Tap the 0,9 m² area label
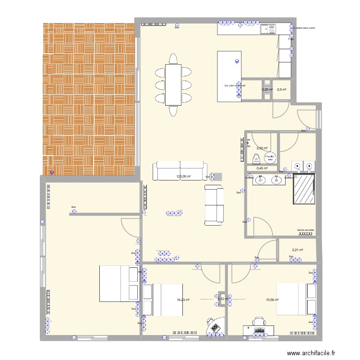coord(282,89)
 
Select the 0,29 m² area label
coord(267,89)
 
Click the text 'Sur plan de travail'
coord(235,86)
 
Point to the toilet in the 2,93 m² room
coord(257,159)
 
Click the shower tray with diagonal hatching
coord(304,191)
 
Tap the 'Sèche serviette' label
coord(305,230)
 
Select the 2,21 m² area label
coord(297,249)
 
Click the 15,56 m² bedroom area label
coord(273,300)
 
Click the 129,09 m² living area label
coord(183,177)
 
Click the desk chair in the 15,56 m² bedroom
coord(259,322)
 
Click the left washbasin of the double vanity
coord(261,180)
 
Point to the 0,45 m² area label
coord(262,168)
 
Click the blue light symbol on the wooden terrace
coord(52,173)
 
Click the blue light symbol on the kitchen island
coord(236,61)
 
